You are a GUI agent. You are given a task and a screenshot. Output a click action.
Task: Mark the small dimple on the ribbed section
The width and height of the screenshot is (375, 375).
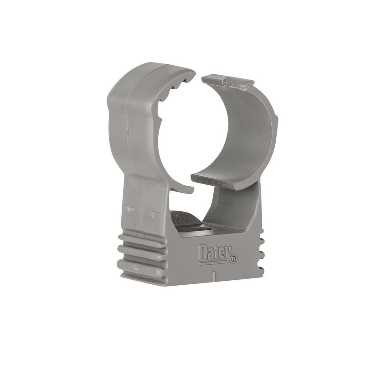(135, 268)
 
